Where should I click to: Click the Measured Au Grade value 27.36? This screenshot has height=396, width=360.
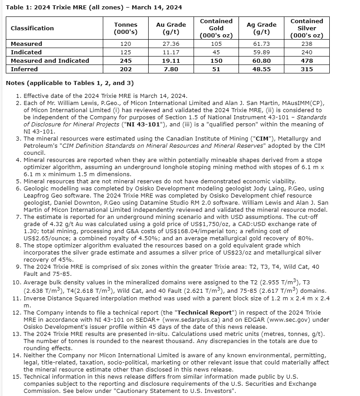tap(171, 44)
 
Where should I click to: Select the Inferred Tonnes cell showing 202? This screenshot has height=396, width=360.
tap(125, 69)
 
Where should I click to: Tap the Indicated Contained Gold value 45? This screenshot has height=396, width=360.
tap(216, 53)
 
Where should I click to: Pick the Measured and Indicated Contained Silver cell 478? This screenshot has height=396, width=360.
tap(307, 61)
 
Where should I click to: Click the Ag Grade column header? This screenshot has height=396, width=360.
tap(262, 28)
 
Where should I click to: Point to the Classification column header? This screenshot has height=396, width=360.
tap(32, 28)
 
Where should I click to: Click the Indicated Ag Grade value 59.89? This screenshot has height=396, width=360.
tap(262, 53)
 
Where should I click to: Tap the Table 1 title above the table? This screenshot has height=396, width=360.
tap(94, 8)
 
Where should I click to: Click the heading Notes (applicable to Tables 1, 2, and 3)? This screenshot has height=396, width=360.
tap(69, 83)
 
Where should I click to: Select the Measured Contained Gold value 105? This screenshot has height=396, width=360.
tap(216, 44)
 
